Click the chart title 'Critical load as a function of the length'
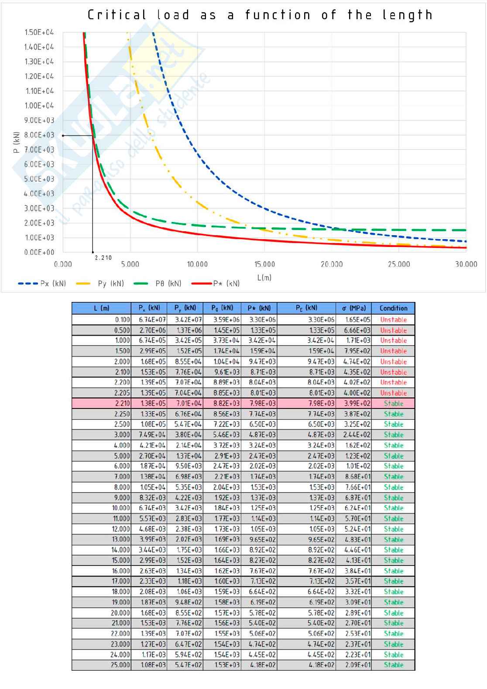(x=260, y=15)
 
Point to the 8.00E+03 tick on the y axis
(x=39, y=135)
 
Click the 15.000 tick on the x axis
(x=264, y=264)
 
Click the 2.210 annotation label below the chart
(x=103, y=257)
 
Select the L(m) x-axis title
(x=264, y=278)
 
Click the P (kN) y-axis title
(x=17, y=142)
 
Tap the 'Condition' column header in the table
(x=393, y=308)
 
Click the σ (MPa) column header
(x=353, y=308)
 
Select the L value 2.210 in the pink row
(x=122, y=403)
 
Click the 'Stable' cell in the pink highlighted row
(x=393, y=403)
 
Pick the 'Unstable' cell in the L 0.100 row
(x=393, y=319)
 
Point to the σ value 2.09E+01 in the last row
(x=358, y=665)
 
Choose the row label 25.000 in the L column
(x=120, y=665)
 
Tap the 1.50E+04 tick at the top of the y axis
(x=39, y=32)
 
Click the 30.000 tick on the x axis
(x=466, y=264)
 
